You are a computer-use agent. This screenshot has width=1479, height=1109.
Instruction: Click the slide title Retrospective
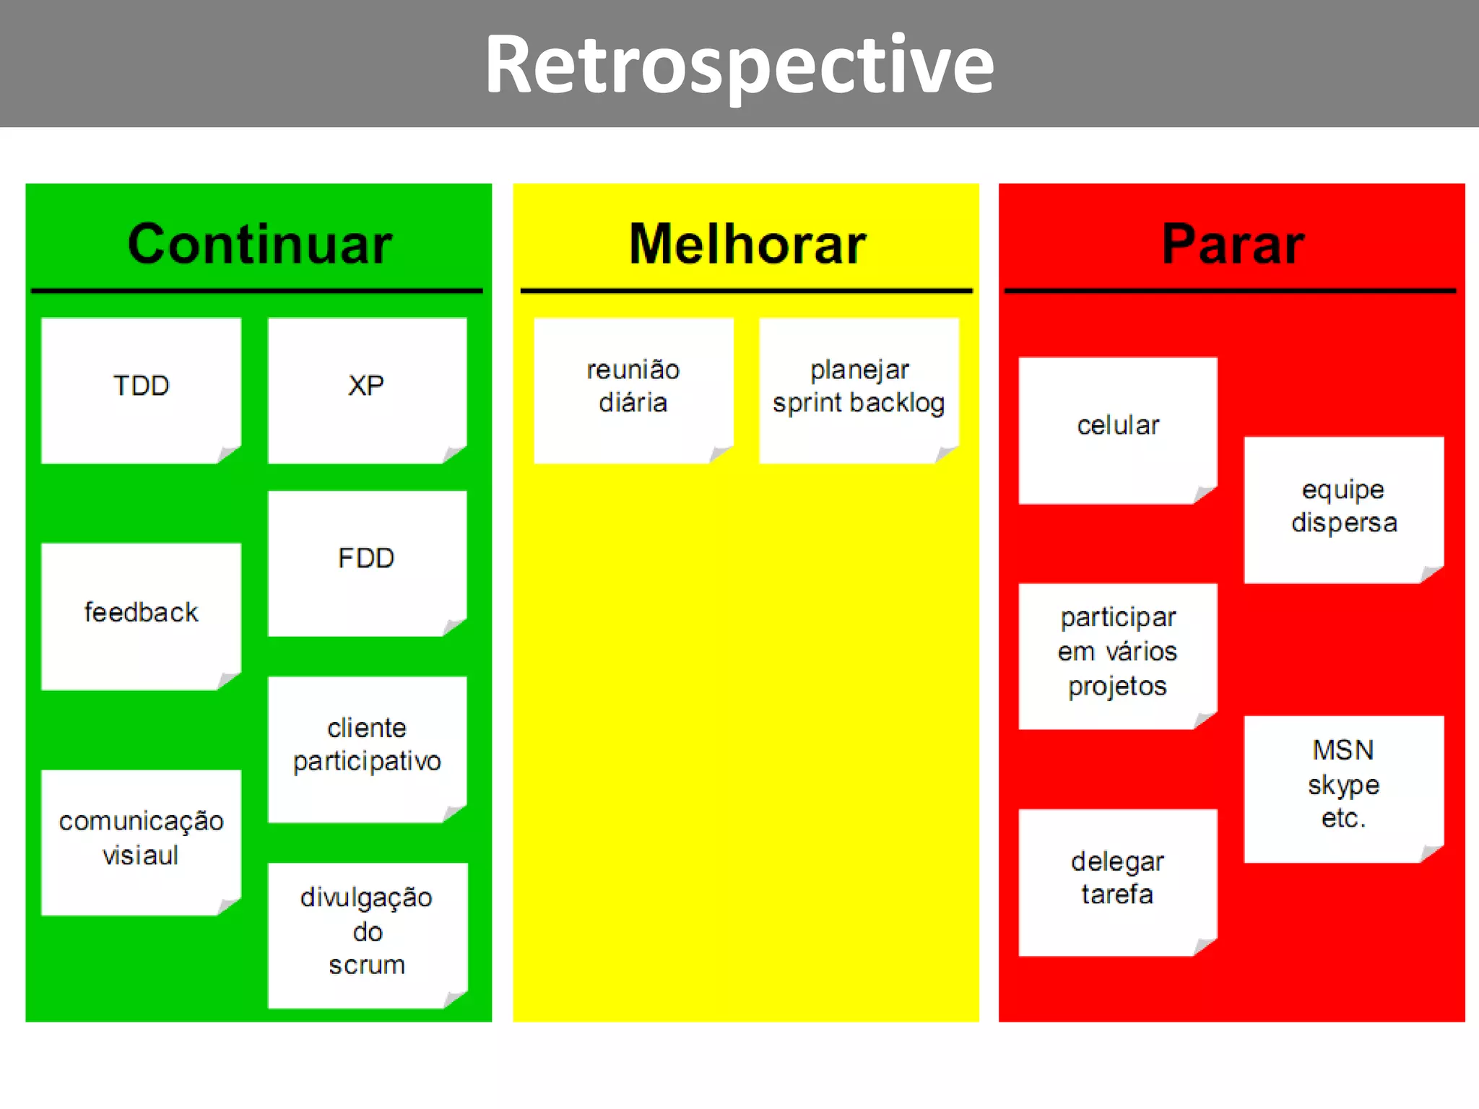point(739,65)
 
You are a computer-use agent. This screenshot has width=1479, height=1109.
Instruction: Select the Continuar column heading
point(259,244)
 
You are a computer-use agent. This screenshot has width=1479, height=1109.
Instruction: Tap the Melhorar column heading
point(747,244)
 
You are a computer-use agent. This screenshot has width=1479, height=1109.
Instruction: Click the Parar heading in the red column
point(1232,244)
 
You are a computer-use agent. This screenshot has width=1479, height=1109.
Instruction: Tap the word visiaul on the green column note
point(140,856)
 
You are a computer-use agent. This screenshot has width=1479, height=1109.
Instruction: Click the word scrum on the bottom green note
point(367,965)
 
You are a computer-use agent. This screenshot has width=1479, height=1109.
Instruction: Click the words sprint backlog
point(858,404)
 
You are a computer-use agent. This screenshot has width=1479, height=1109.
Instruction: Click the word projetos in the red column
point(1117,686)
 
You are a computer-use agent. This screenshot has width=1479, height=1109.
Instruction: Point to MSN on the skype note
point(1343,750)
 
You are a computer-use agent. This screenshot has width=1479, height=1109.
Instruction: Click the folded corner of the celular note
point(1205,494)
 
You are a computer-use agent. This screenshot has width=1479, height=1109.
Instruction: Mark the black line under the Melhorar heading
point(746,291)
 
